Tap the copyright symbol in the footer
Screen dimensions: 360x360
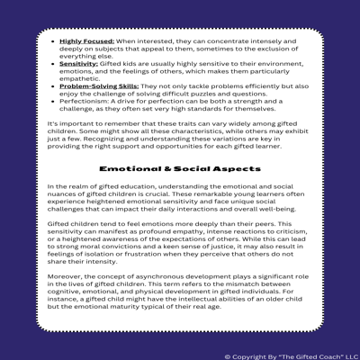[227, 355]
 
